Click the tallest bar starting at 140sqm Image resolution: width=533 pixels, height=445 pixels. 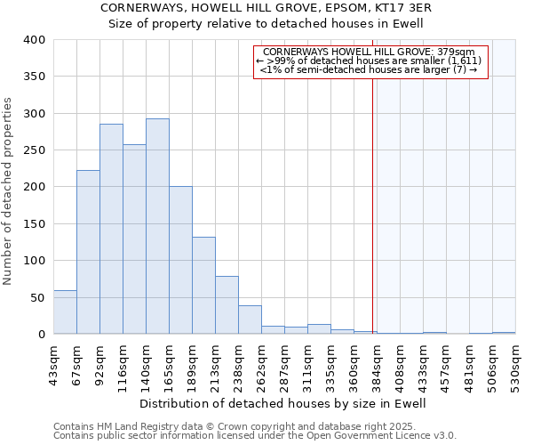pos(157,226)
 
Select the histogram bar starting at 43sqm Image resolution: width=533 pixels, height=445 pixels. pos(65,312)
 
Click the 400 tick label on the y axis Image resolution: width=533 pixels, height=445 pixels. pos(34,40)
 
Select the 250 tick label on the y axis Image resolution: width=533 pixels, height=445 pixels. pos(34,150)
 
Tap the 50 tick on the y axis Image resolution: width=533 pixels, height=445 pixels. pos(37,297)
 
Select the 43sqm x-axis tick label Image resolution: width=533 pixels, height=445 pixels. pos(53,360)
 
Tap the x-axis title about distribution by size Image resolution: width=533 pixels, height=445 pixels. pos(283,403)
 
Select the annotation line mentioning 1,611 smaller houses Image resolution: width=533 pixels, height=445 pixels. pos(370,61)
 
